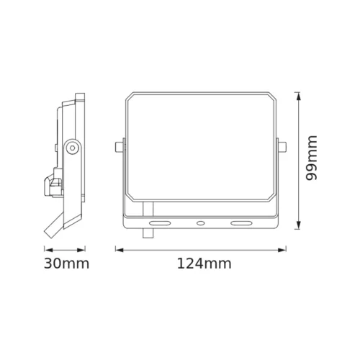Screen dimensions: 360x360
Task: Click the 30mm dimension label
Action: pos(66,264)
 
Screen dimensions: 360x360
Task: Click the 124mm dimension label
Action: pos(204,264)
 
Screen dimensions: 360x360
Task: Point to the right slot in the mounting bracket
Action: pos(238,222)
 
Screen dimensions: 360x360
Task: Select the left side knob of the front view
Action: pos(118,147)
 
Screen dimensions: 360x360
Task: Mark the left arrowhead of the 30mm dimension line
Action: pos(45,250)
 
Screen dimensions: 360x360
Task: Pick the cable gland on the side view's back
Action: pos(53,185)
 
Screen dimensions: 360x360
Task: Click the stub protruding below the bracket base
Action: pos(150,232)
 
